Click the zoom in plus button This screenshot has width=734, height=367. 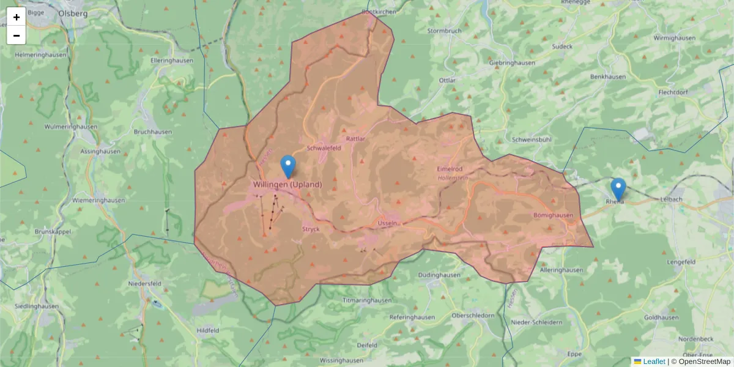(17, 17)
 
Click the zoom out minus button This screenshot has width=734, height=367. (17, 35)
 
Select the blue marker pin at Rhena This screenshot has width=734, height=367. (618, 188)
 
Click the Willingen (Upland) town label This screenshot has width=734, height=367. (287, 184)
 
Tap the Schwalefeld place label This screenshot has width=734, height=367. (324, 148)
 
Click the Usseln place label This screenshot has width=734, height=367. (388, 223)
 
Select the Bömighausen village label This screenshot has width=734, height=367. (554, 215)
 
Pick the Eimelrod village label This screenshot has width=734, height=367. (450, 168)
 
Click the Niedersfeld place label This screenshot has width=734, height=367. (144, 284)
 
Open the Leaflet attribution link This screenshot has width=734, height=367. (653, 361)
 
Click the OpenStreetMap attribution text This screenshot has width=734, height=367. (703, 361)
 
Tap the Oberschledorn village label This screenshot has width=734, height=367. (473, 315)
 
